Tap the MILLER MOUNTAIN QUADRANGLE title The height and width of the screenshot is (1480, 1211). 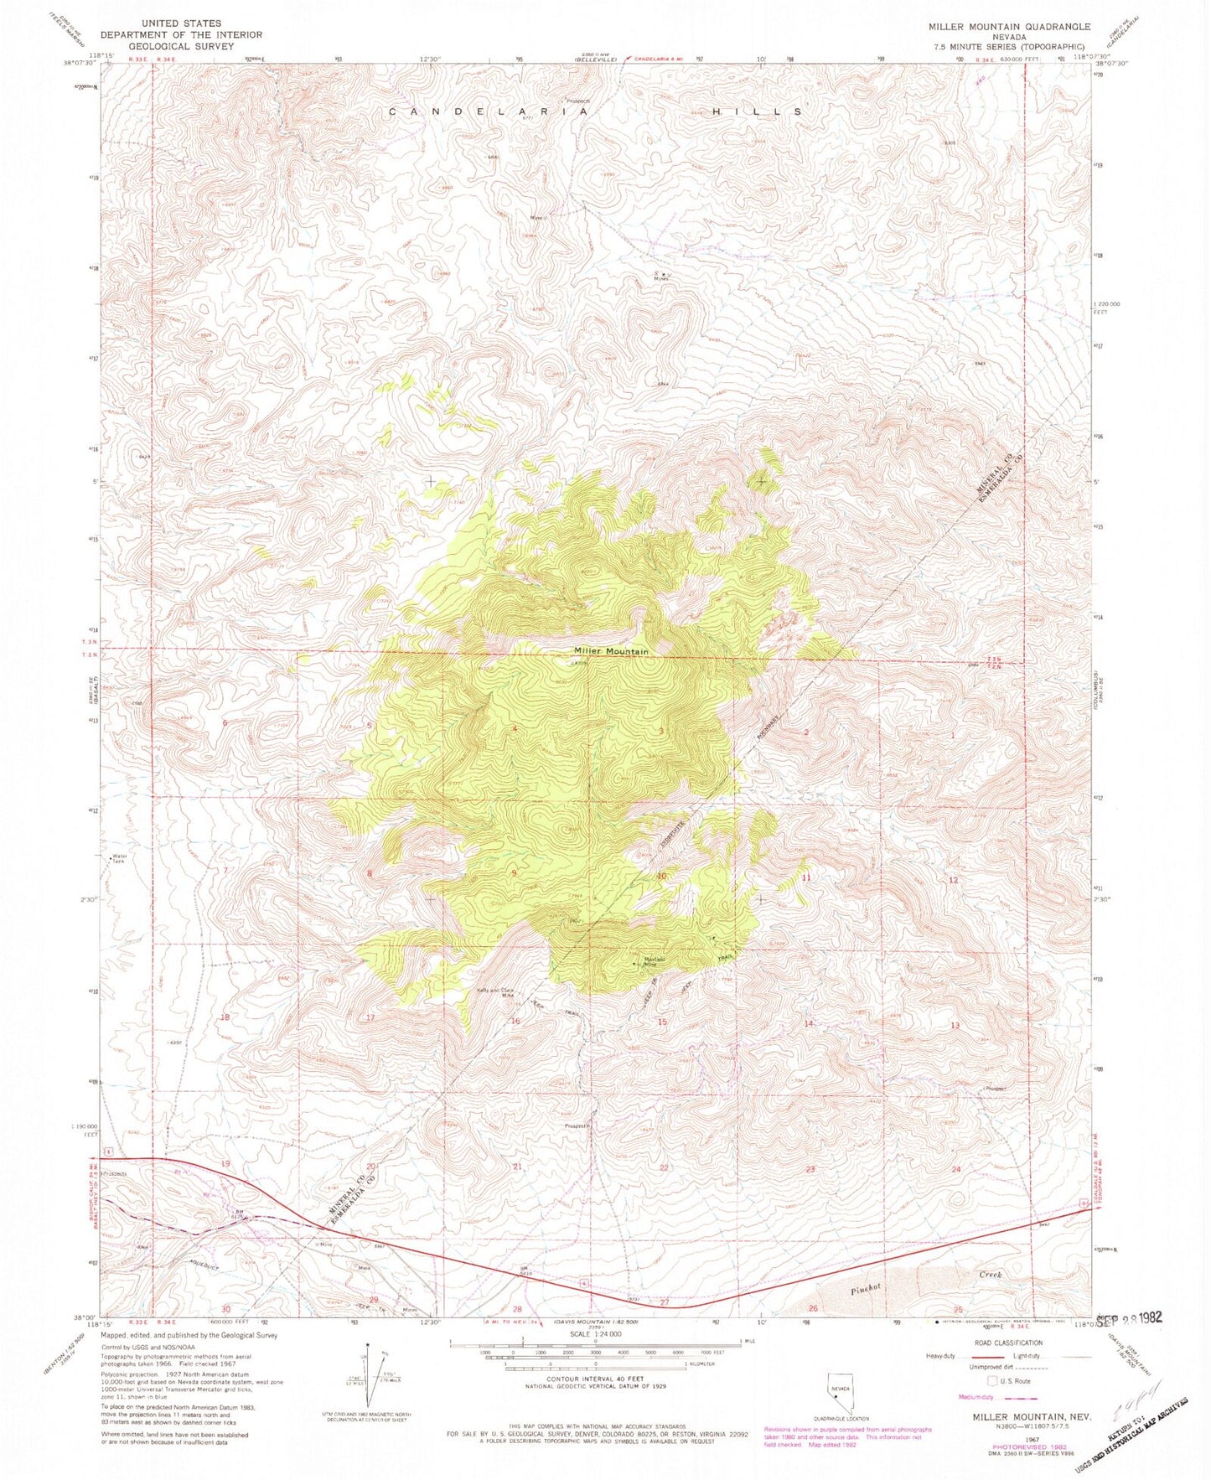1010,27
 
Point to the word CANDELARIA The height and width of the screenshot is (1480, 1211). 488,111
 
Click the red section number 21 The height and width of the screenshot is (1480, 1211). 517,1167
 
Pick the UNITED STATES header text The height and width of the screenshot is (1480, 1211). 182,23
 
